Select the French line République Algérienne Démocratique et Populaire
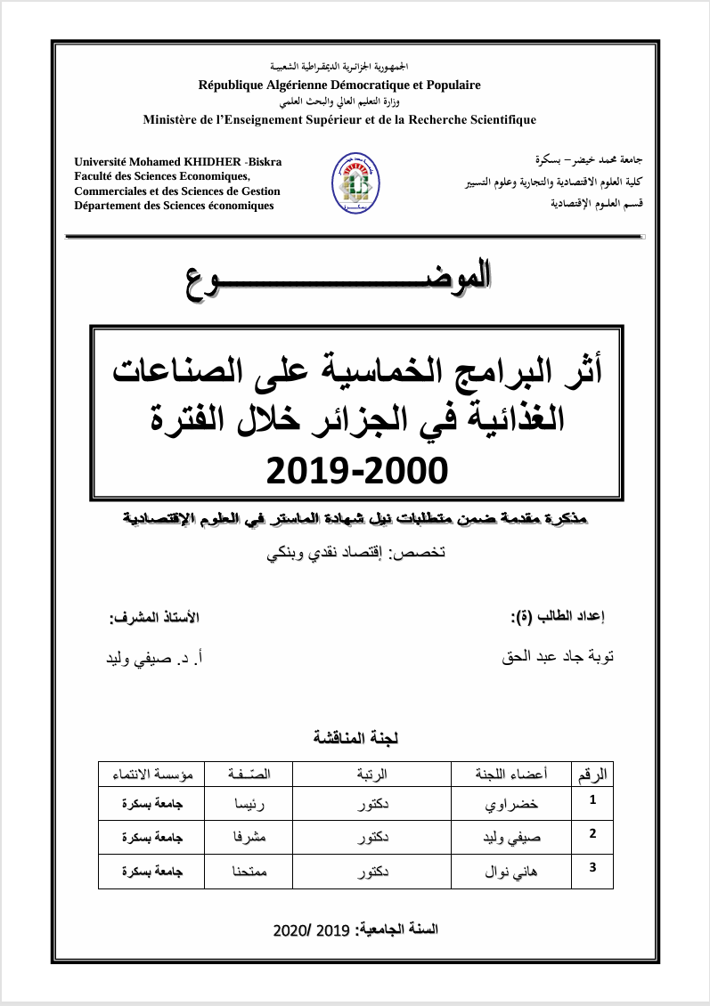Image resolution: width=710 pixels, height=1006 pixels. [339, 85]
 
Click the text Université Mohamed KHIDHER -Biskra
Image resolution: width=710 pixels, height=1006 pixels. [178, 162]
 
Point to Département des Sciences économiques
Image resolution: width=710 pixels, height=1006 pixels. [175, 205]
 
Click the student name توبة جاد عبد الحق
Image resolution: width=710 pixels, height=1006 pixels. [559, 659]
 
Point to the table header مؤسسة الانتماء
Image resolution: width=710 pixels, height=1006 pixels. [151, 775]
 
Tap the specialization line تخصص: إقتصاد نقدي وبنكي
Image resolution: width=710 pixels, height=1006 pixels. [356, 552]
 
